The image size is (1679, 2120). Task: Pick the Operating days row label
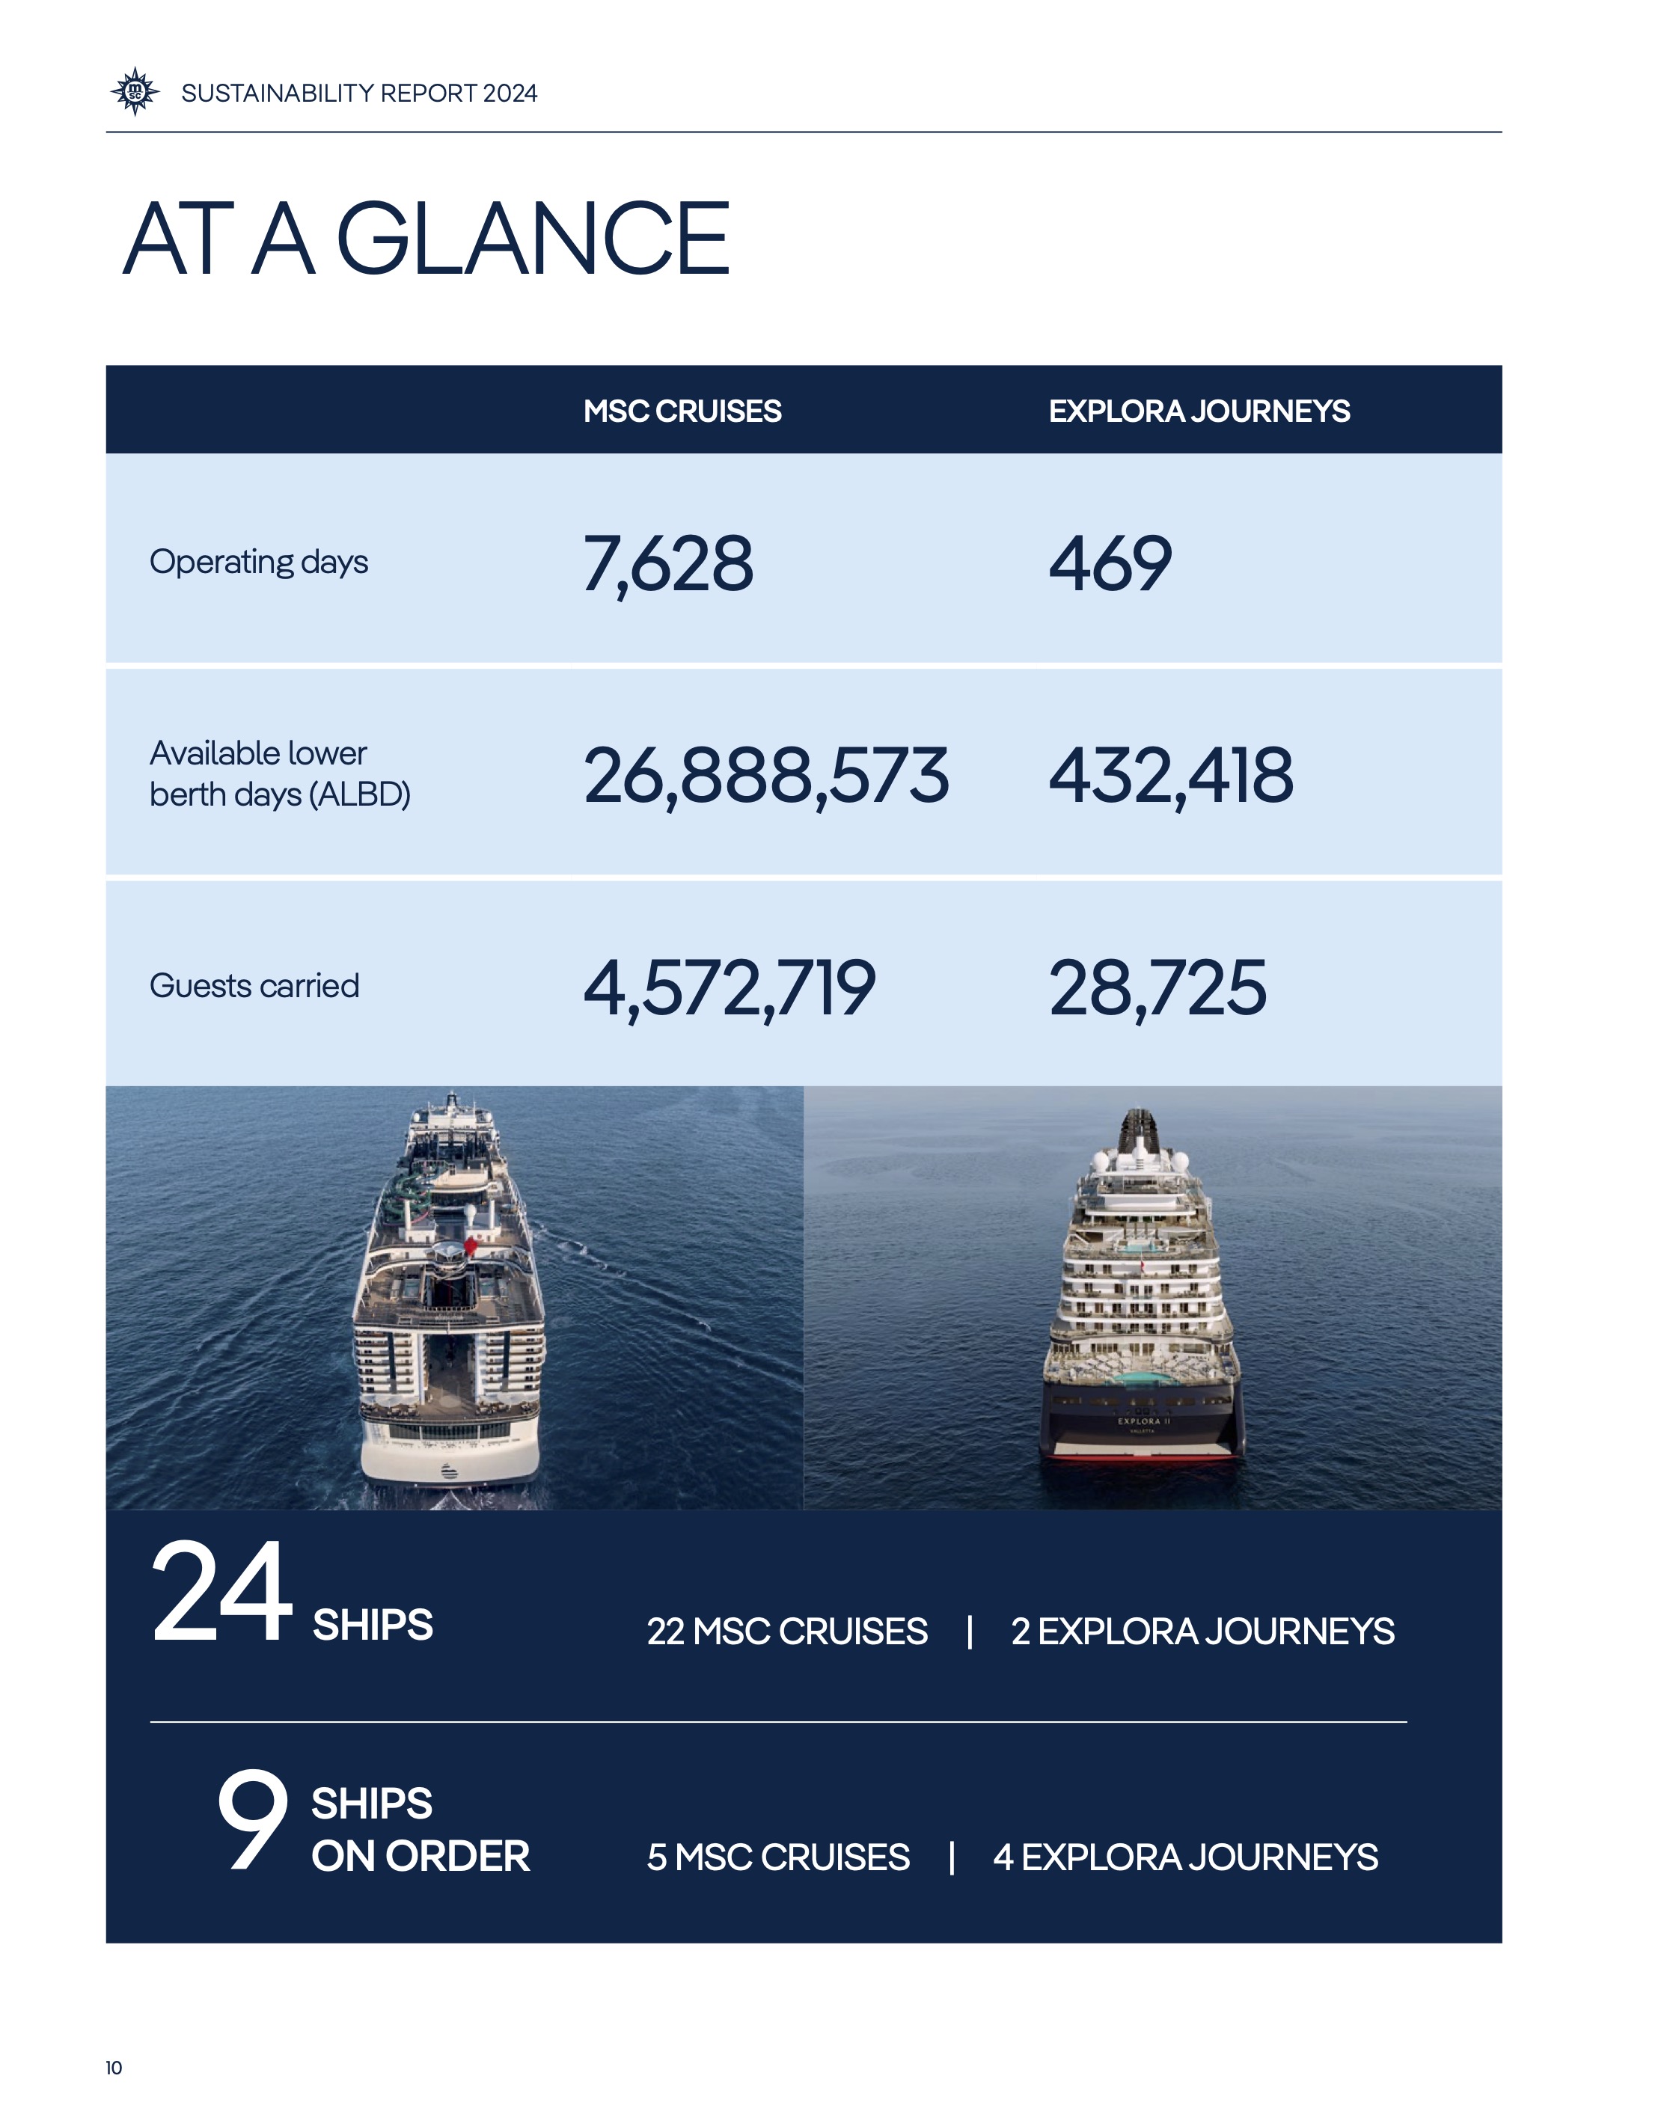259,563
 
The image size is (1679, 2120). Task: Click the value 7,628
667,564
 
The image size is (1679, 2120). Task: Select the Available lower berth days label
279,773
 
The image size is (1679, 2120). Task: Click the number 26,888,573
765,776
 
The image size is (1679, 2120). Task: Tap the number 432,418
1171,776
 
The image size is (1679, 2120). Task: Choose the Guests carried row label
254,986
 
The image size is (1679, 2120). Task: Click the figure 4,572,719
729,987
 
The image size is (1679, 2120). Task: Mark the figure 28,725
1157,987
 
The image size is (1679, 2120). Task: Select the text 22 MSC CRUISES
786,1632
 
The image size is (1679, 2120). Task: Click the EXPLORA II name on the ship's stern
1143,1421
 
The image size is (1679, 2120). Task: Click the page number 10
114,2068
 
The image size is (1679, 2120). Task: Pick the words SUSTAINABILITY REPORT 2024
359,94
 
